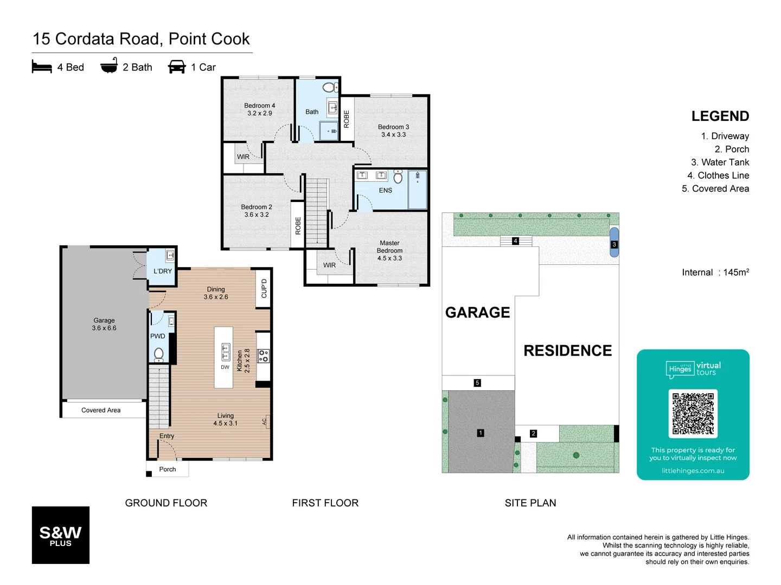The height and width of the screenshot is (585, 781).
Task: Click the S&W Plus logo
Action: point(60,535)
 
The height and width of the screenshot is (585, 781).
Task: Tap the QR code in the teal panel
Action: point(693,413)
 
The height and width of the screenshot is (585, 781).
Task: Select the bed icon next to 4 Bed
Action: point(42,67)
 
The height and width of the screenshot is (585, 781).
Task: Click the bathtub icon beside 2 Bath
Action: point(109,66)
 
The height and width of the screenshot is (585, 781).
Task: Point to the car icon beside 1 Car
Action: point(177,67)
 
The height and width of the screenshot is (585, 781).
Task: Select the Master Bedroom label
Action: point(389,251)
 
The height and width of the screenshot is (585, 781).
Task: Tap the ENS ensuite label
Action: point(385,191)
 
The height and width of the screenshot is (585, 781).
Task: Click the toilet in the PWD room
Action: point(158,354)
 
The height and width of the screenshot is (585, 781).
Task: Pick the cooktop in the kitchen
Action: point(264,356)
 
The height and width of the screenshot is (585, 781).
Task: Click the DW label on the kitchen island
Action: point(225,367)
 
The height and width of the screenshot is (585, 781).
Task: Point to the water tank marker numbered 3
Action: point(614,244)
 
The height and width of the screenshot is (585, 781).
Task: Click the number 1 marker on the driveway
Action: point(480,433)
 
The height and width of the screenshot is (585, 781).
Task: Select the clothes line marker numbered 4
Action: point(515,241)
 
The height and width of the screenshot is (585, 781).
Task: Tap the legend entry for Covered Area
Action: point(715,188)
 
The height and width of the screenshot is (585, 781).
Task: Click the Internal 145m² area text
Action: point(715,272)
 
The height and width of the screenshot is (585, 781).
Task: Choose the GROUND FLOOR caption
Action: point(166,503)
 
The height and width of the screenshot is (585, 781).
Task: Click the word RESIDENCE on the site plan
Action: point(567,350)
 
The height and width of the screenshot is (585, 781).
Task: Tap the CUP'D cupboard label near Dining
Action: point(264,288)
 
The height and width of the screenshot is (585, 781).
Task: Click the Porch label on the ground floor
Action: point(168,469)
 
